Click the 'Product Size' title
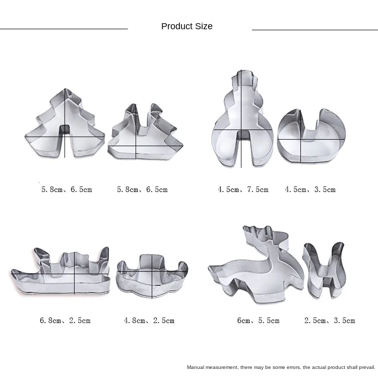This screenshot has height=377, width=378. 186,26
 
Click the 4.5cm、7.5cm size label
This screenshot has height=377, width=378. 243,190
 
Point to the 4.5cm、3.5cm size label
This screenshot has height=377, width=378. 310,190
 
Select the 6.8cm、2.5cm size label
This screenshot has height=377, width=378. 66,321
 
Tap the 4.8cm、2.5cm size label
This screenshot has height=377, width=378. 149,321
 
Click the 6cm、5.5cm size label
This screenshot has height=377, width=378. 258,321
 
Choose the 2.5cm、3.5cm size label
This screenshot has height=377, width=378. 330,321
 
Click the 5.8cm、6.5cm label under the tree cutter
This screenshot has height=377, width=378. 67,190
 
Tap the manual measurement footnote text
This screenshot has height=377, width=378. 281,367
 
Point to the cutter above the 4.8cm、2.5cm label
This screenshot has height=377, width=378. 151,275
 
